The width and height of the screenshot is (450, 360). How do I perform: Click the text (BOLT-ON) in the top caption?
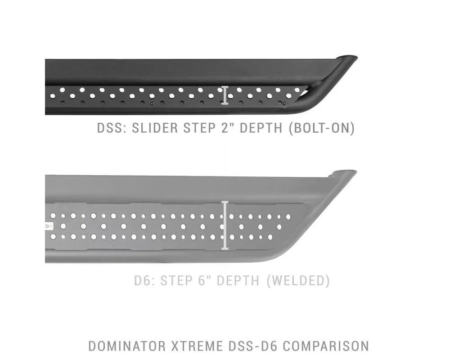pyautogui.click(x=322, y=128)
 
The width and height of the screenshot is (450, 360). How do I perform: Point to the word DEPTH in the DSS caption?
pyautogui.click(x=261, y=128)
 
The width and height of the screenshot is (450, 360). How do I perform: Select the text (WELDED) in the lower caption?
pyautogui.click(x=298, y=281)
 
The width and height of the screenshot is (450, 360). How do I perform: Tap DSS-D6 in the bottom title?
pyautogui.click(x=253, y=346)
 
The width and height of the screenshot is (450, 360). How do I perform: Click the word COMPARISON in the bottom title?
pyautogui.click(x=326, y=346)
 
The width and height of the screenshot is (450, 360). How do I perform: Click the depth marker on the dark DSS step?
pyautogui.click(x=225, y=95)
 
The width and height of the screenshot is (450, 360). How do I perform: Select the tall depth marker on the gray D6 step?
pyautogui.click(x=225, y=225)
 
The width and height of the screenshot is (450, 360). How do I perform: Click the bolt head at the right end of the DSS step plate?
pyautogui.click(x=284, y=103)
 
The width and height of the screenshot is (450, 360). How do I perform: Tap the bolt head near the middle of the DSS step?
pyautogui.click(x=153, y=103)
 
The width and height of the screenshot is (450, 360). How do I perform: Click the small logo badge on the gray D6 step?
pyautogui.click(x=49, y=226)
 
